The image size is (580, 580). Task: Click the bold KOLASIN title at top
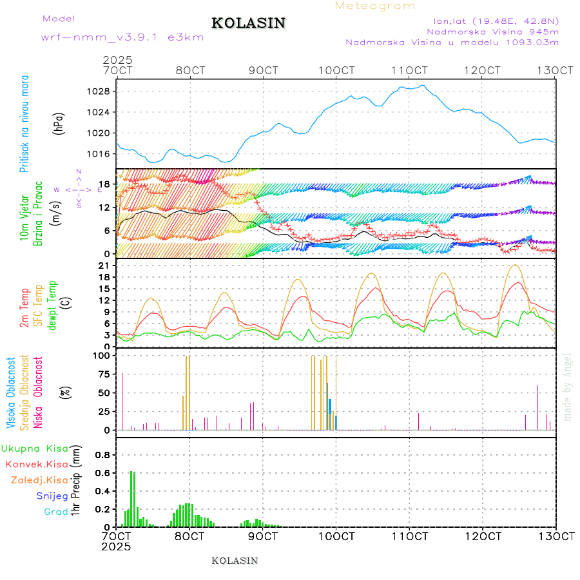pos(248,23)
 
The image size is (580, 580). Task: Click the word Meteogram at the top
pos(376,6)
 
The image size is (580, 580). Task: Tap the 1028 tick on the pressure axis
pos(99,92)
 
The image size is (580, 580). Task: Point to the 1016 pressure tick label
pos(99,154)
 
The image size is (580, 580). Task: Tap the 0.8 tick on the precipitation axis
pos(103,454)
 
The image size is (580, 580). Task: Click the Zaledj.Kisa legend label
pos(39,479)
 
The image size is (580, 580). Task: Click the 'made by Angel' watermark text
pos(568,386)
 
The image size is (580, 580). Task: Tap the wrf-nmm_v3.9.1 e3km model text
pos(122,37)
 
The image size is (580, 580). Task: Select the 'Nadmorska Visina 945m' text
pos(492,31)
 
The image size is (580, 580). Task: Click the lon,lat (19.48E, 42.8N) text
pos(496,20)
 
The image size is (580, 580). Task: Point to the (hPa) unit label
pos(58,122)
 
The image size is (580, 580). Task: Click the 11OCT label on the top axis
pos(410,70)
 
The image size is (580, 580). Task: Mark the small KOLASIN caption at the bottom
pos(235,561)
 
